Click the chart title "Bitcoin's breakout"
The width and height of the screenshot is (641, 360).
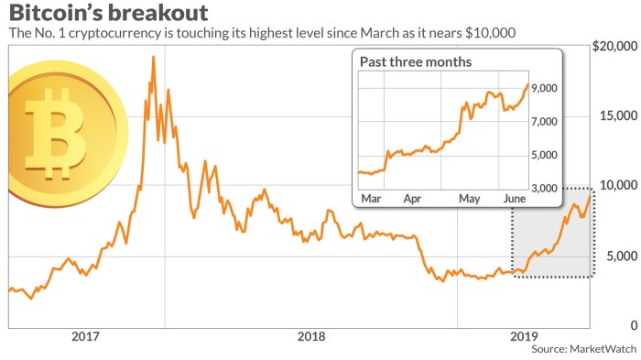click(108, 14)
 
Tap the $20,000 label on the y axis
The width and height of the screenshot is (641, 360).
click(614, 47)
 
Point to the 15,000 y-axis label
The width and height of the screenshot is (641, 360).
click(617, 116)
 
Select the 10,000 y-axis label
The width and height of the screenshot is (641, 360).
click(617, 186)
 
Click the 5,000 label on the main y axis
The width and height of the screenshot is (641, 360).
click(620, 256)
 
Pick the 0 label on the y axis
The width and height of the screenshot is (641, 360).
click(632, 325)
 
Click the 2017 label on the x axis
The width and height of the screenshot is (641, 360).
click(86, 336)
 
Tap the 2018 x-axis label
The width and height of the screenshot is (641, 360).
click(313, 336)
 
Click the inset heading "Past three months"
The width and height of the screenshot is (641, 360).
click(418, 62)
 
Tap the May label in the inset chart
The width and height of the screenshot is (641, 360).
click(470, 198)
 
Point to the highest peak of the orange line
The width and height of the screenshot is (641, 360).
click(153, 57)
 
